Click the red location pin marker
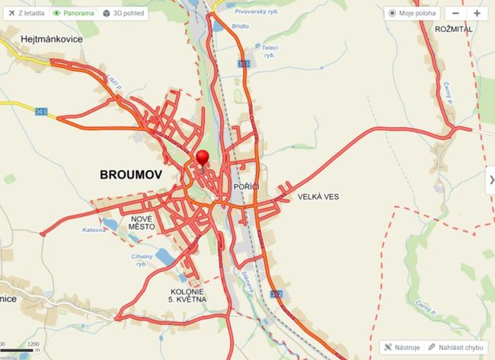(x=202, y=158)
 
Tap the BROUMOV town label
(x=131, y=175)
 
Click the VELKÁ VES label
(x=318, y=196)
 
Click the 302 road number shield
(x=276, y=295)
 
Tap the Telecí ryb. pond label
(x=269, y=51)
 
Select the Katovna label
(x=94, y=228)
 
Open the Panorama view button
(x=74, y=13)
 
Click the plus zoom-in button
(x=477, y=13)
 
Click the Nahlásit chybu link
(x=455, y=346)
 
